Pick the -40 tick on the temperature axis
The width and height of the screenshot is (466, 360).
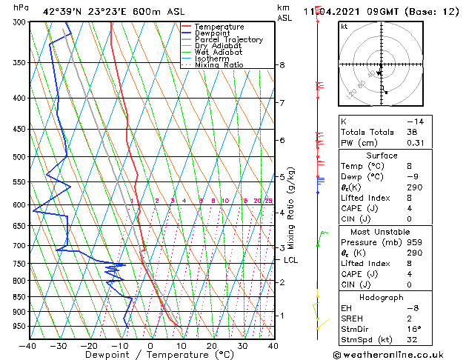[28, 346]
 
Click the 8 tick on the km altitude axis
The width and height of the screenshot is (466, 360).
[282, 65]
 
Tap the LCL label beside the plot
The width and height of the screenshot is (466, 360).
[291, 260]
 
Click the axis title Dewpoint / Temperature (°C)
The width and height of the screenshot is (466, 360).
[150, 356]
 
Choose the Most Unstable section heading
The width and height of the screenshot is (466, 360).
[381, 232]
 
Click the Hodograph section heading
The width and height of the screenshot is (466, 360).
[381, 297]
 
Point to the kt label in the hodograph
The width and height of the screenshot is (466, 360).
[344, 27]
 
